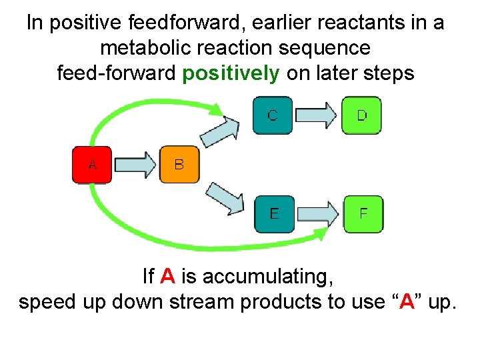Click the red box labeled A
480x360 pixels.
click(x=92, y=164)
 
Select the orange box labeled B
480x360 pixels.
click(x=179, y=164)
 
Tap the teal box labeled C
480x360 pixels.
click(x=273, y=115)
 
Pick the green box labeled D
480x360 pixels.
click(x=362, y=115)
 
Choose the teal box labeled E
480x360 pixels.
click(x=274, y=213)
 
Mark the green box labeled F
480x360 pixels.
click(x=363, y=213)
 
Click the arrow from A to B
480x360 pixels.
click(x=135, y=165)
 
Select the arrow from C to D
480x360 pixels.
click(x=317, y=115)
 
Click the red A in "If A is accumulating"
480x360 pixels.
click(x=169, y=275)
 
